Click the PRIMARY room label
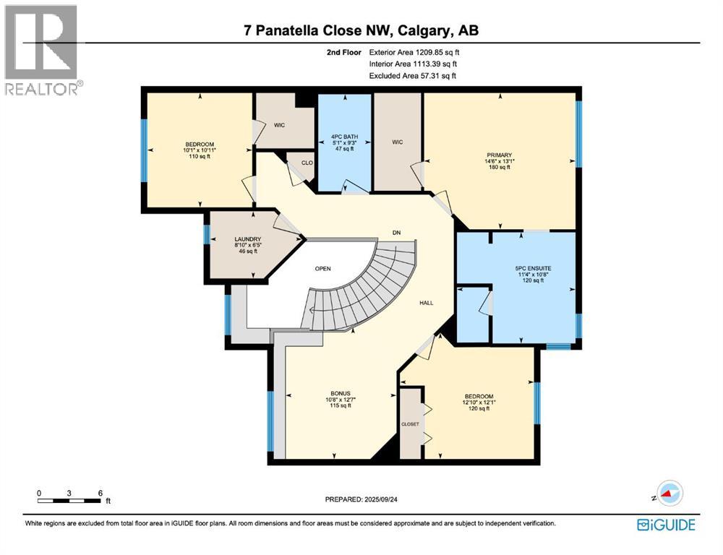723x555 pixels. click(499, 155)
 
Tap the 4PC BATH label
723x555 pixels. click(341, 136)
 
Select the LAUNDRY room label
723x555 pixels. click(247, 239)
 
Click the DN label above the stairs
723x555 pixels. click(396, 232)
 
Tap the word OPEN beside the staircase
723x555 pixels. click(322, 269)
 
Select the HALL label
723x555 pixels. click(427, 303)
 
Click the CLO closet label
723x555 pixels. click(307, 163)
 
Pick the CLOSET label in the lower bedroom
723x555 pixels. click(409, 424)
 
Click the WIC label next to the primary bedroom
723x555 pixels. click(397, 142)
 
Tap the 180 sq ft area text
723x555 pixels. click(499, 167)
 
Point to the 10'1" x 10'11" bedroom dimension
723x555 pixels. click(200, 150)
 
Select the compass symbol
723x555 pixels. click(669, 494)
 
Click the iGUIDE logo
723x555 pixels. click(667, 524)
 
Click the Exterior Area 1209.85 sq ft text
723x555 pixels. click(414, 52)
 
